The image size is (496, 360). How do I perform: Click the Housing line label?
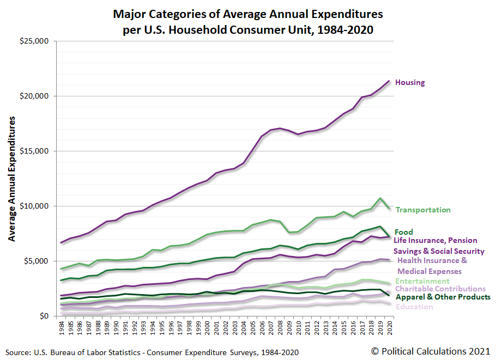tap(410, 83)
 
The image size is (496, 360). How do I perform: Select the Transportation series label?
tap(423, 210)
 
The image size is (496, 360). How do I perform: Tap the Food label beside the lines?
tap(404, 232)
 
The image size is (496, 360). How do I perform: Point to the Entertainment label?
tap(422, 281)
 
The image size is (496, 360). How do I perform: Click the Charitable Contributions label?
tap(440, 289)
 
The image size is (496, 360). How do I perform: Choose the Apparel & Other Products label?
tap(443, 297)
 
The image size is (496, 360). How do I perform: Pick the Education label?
tap(415, 307)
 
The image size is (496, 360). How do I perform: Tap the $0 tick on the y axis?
tap(43, 316)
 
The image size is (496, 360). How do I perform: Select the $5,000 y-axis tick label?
tap(37, 261)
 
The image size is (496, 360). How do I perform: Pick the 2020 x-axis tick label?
tap(389, 328)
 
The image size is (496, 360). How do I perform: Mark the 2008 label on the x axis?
tap(280, 328)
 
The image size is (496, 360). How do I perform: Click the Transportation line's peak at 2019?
tap(379, 198)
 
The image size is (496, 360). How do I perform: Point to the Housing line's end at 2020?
tap(389, 81)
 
